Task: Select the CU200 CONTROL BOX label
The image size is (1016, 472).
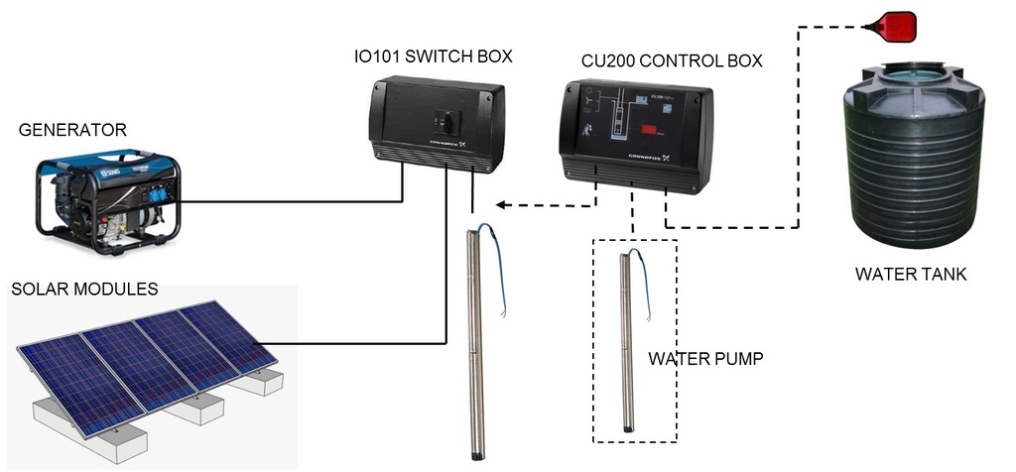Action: click(x=671, y=60)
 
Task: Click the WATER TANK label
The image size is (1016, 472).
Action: click(x=910, y=274)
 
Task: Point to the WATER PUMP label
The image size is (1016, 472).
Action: click(x=705, y=358)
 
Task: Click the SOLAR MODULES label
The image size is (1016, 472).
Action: click(x=83, y=289)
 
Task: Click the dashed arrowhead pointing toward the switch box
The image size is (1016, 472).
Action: click(x=503, y=205)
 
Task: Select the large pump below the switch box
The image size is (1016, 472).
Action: click(x=475, y=347)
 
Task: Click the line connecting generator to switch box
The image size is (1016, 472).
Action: click(x=298, y=201)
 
